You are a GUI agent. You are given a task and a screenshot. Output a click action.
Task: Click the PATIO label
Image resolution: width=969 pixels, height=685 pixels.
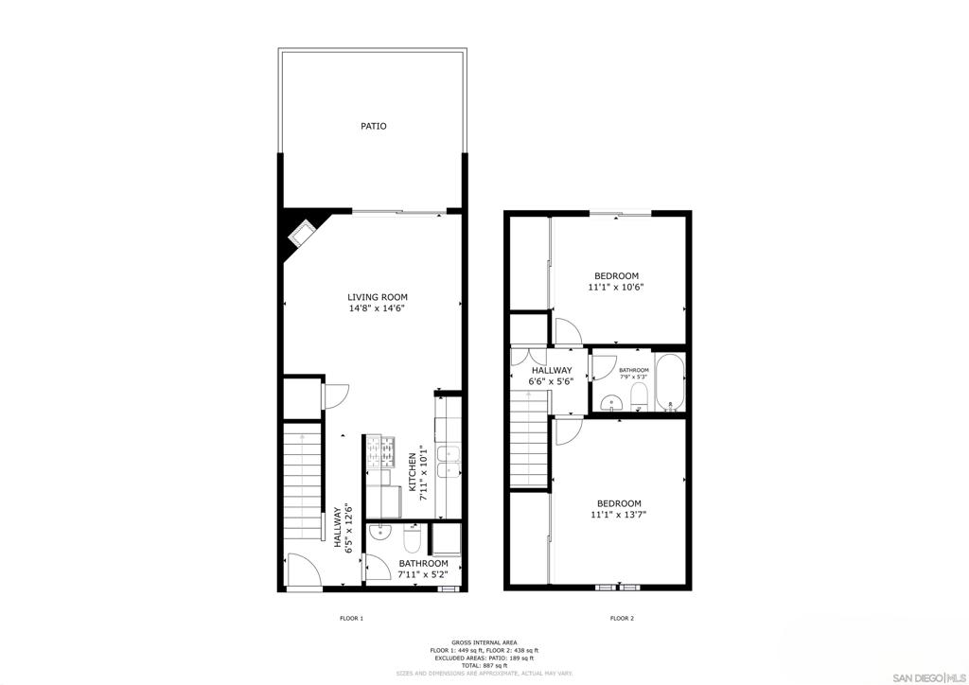click(x=374, y=126)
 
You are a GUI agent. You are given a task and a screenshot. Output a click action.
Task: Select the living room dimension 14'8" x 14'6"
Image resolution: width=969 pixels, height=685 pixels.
click(x=377, y=307)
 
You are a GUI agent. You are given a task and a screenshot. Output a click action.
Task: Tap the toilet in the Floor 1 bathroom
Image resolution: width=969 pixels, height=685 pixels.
click(x=411, y=540)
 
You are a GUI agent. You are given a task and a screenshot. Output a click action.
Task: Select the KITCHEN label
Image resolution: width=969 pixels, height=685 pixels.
click(x=413, y=472)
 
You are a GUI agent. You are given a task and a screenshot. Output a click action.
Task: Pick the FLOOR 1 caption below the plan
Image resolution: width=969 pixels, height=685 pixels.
click(x=351, y=619)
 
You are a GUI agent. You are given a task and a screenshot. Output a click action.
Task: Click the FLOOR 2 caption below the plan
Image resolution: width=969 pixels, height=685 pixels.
click(x=622, y=619)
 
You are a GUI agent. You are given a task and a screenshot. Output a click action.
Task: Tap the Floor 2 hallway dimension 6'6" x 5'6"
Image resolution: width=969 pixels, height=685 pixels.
click(x=551, y=381)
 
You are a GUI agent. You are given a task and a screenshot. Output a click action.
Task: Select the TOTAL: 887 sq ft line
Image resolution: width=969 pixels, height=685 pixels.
click(x=484, y=666)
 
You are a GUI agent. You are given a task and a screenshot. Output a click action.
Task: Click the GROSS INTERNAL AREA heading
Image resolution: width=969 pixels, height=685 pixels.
click(x=484, y=641)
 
